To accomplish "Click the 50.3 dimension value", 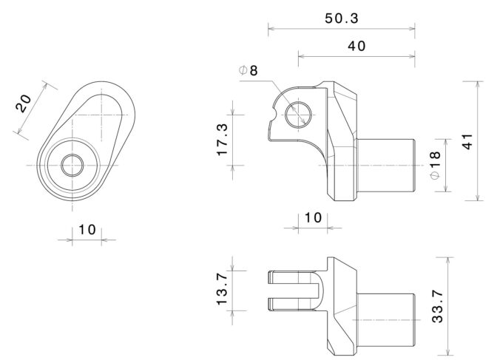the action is click(342, 18).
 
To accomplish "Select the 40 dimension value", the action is click(356, 47).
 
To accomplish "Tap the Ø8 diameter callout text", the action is click(248, 70).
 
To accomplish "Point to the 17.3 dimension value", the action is click(223, 140).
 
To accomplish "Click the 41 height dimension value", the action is click(467, 141).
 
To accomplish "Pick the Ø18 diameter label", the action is click(436, 165).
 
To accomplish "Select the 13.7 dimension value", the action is click(223, 289).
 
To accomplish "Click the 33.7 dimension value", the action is click(438, 307).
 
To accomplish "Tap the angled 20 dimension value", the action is click(24, 103).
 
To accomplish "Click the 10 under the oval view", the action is click(87, 230).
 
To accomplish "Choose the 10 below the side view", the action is click(313, 218).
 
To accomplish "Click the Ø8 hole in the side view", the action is click(298, 115).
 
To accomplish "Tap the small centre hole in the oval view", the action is click(72, 165).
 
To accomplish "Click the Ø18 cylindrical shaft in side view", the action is click(386, 166).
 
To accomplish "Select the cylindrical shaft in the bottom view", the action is click(386, 319).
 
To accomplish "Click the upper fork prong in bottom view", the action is click(291, 278).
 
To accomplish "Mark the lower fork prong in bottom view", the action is click(291, 305).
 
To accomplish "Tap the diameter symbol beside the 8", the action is click(243, 70).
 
